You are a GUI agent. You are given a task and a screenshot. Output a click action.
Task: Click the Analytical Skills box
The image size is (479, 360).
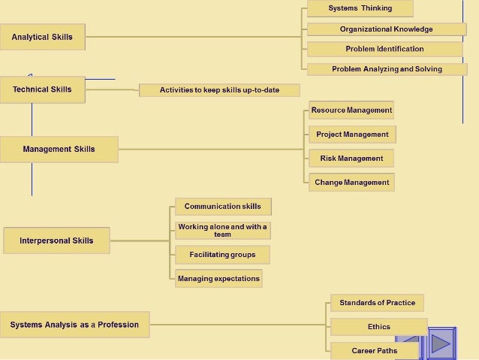(42, 37)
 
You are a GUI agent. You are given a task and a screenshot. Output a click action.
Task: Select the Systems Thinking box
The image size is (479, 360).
(360, 8)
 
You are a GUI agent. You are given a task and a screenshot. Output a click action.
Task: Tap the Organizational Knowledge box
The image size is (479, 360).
(386, 29)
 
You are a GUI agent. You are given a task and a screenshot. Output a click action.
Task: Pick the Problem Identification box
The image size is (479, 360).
(384, 49)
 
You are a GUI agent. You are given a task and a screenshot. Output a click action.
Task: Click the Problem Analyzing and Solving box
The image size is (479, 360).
(387, 69)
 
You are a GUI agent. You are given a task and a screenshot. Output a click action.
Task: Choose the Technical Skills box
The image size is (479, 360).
(42, 89)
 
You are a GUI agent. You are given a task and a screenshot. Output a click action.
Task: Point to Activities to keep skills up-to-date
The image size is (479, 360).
(219, 90)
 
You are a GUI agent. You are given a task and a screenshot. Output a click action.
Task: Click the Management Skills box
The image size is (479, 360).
(59, 149)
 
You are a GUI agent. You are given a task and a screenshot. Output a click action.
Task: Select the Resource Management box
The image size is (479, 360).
(351, 110)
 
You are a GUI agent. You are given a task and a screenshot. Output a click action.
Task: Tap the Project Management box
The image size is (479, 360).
(352, 135)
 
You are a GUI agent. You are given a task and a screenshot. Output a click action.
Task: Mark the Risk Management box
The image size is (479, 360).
(351, 159)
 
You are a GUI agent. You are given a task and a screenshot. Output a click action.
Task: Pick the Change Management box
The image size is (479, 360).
(351, 183)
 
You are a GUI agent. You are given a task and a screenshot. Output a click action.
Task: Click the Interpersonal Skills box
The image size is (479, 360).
(56, 241)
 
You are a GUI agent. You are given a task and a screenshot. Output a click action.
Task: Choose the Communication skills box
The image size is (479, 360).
(223, 207)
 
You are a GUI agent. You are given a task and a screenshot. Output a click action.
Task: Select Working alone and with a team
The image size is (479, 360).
(222, 230)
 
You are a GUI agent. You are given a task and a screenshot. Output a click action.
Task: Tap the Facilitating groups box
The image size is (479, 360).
(222, 255)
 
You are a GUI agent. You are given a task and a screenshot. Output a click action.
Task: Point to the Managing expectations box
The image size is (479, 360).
(218, 279)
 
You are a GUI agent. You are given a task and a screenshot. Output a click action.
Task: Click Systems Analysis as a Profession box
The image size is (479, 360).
(74, 325)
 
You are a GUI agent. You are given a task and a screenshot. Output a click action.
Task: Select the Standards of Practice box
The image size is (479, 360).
(377, 303)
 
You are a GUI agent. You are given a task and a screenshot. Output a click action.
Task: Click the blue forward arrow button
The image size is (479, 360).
(441, 343)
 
